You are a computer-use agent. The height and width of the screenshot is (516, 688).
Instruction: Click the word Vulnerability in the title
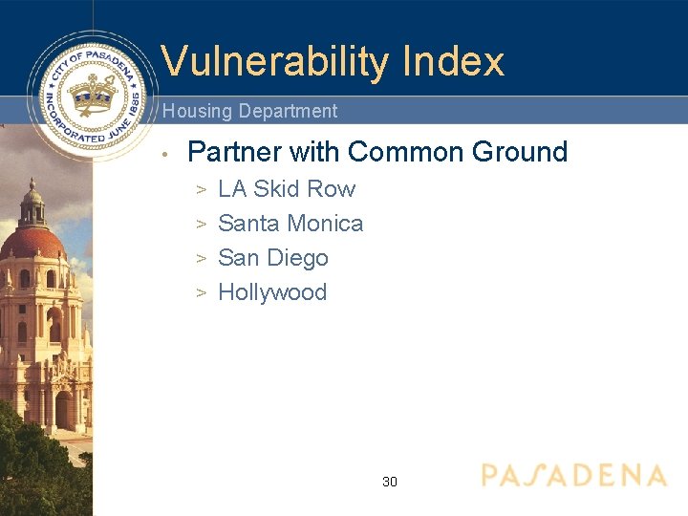[275, 62]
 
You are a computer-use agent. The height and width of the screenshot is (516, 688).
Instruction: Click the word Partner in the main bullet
[234, 152]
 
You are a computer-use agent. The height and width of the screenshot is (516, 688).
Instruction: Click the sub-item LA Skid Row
[286, 189]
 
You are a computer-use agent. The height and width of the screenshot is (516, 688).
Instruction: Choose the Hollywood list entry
[272, 292]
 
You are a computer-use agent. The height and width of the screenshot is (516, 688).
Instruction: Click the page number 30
[390, 482]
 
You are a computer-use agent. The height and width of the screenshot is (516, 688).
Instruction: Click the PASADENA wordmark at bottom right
[573, 476]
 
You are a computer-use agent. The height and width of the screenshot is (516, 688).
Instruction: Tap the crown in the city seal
[92, 97]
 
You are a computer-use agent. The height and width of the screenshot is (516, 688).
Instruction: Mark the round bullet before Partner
[165, 154]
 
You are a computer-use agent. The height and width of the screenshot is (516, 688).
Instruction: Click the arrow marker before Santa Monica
[202, 225]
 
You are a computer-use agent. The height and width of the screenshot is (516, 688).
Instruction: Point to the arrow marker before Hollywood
[202, 293]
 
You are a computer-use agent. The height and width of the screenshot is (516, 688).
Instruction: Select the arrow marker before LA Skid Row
[202, 190]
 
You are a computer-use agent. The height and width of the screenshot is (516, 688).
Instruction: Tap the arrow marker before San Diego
[202, 259]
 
